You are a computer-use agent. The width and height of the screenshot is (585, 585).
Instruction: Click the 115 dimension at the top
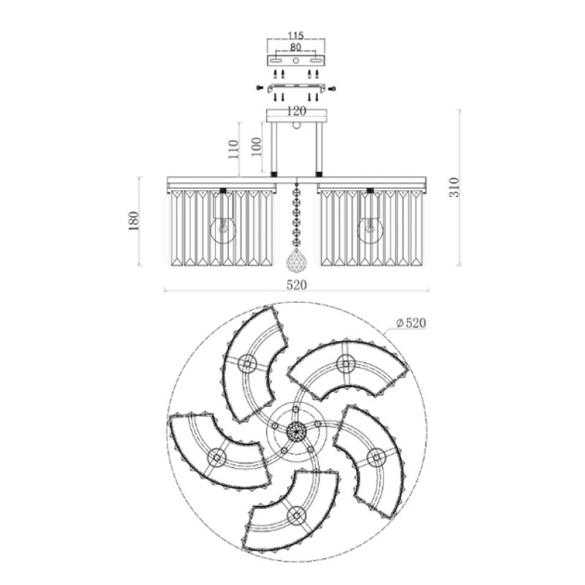tap(296, 35)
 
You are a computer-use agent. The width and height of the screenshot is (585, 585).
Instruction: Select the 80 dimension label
tap(295, 48)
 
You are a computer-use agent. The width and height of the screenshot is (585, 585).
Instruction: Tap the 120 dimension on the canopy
tap(297, 111)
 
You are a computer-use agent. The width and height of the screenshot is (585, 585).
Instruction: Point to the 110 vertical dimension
tap(233, 149)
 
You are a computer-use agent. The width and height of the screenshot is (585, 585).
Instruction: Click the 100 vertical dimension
tap(256, 147)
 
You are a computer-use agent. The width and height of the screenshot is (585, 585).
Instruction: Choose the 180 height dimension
tap(134, 221)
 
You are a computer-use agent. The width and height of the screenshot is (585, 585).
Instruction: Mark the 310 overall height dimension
tap(455, 188)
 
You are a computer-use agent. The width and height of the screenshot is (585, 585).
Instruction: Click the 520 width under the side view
tap(297, 285)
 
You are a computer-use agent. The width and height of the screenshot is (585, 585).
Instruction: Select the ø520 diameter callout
tap(411, 322)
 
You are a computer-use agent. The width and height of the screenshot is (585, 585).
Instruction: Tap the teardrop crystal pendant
tap(296, 260)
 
